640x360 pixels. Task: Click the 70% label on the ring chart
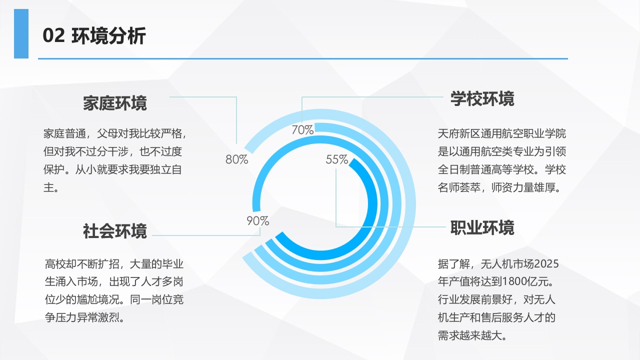(x=302, y=130)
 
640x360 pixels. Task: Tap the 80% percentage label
(x=237, y=159)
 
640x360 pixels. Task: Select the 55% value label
(x=337, y=159)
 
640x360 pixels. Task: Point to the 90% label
(x=257, y=221)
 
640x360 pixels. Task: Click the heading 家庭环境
(x=115, y=103)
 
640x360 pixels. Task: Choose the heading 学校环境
(x=482, y=99)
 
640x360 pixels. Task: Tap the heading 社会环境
(x=115, y=231)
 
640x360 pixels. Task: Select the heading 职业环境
(x=482, y=227)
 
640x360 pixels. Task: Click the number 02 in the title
(x=53, y=35)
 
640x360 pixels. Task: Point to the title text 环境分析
(x=109, y=35)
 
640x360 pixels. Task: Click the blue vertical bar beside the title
(x=21, y=33)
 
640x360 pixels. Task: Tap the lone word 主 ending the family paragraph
(x=48, y=187)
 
